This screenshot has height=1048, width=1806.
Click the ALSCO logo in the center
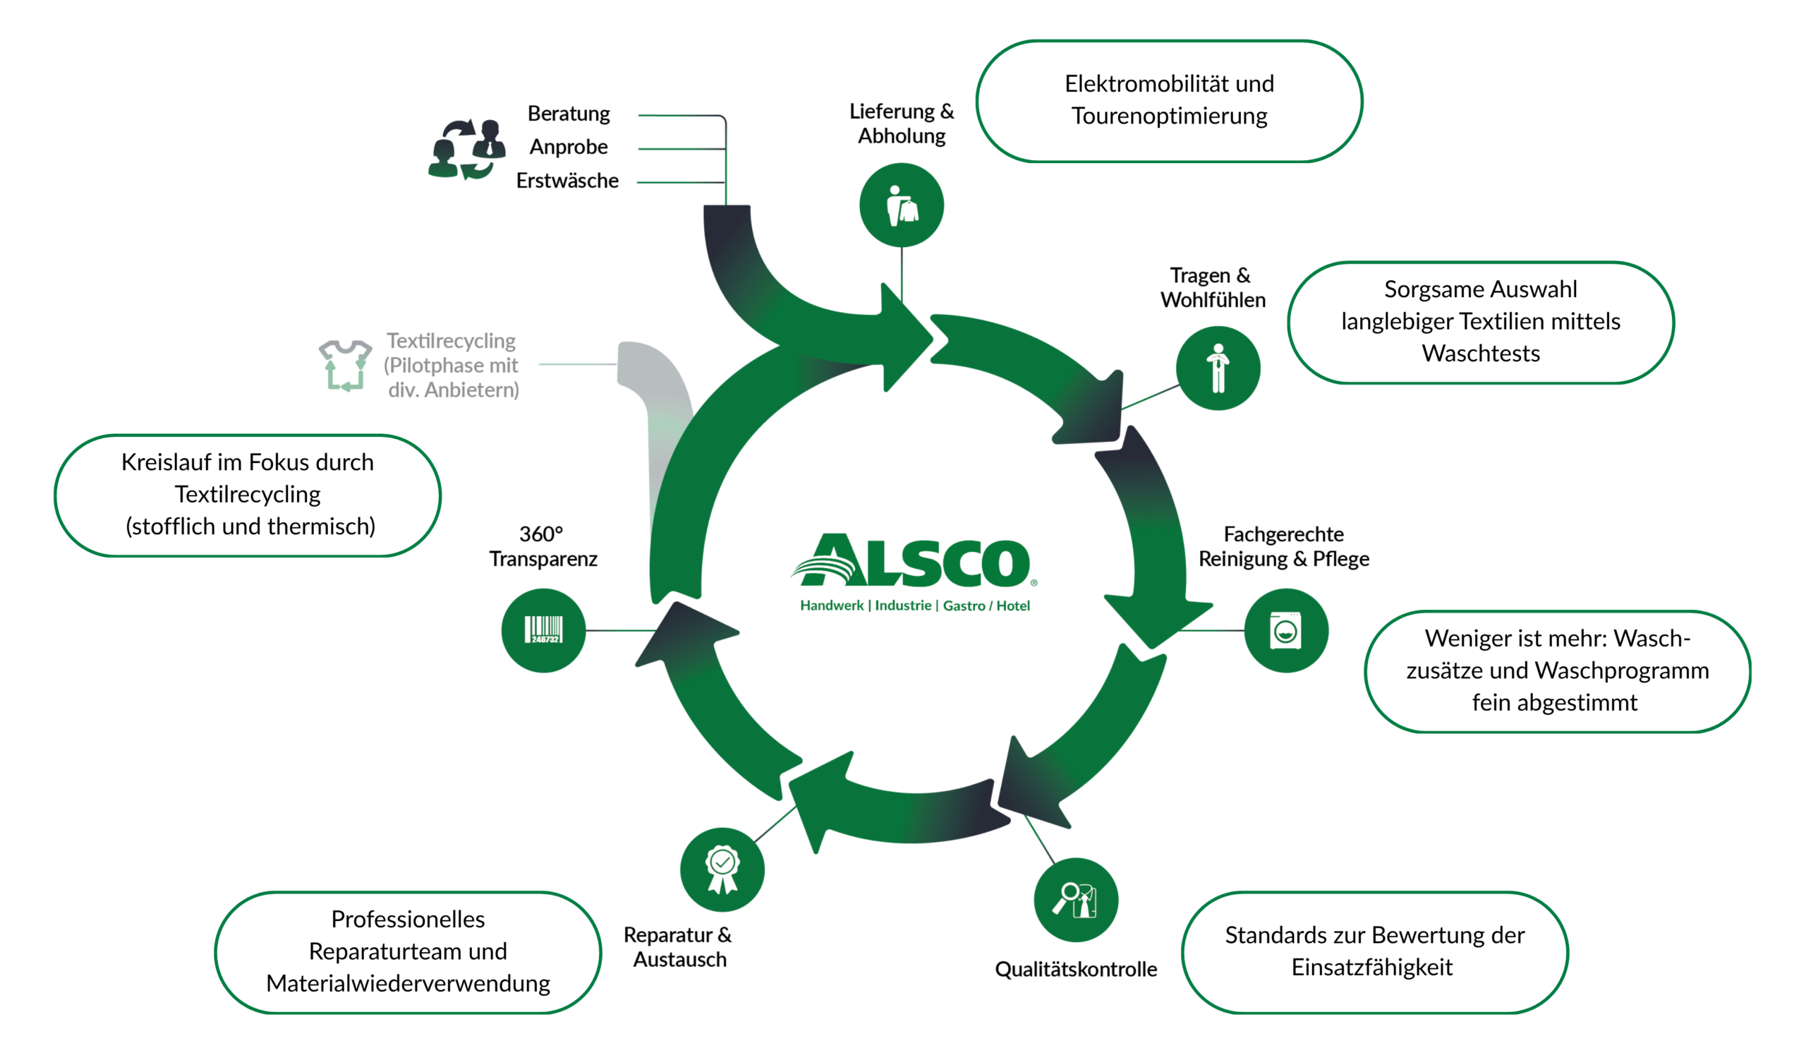(x=914, y=560)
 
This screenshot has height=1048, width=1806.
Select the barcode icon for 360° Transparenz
(x=543, y=631)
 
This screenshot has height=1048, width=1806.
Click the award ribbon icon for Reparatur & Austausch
(x=722, y=869)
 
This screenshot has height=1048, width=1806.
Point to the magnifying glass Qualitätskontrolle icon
(x=1076, y=900)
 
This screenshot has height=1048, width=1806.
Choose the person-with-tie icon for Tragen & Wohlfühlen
(x=1218, y=368)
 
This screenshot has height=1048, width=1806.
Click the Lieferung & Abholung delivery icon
(x=902, y=205)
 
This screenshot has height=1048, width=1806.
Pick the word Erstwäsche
(x=568, y=181)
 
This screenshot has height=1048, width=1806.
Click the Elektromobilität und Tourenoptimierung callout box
(x=1170, y=101)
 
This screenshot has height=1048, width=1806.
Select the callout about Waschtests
(x=1481, y=323)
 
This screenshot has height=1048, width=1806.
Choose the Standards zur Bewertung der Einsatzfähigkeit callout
(x=1374, y=952)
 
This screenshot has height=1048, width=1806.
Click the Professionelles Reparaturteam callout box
(x=408, y=952)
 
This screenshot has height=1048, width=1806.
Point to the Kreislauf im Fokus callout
(x=247, y=495)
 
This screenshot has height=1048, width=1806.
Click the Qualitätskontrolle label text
(x=1076, y=969)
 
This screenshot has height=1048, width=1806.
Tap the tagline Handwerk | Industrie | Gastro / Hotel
(x=915, y=606)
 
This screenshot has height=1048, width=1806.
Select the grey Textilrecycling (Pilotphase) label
(x=451, y=366)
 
